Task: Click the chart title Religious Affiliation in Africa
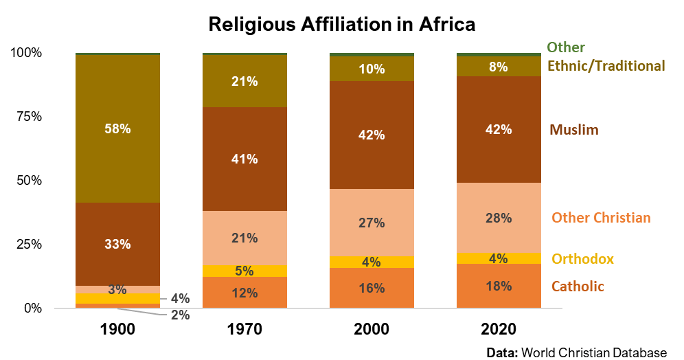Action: click(342, 24)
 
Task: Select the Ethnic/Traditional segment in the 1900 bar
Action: click(117, 128)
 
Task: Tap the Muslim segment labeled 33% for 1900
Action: click(117, 244)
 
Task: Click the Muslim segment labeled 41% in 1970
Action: click(244, 159)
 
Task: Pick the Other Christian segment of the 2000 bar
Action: click(372, 223)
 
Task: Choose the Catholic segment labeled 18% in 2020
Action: click(499, 286)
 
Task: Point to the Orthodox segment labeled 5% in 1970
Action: click(244, 271)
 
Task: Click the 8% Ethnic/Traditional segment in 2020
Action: click(499, 67)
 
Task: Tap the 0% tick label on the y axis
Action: click(33, 308)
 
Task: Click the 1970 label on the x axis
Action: click(244, 328)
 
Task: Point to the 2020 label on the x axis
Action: click(499, 328)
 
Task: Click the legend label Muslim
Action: click(573, 130)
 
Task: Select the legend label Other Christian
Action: click(600, 218)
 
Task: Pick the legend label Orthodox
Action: click(582, 259)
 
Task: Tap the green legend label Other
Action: click(566, 47)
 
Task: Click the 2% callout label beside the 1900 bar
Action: click(179, 315)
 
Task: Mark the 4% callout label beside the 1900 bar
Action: click(179, 299)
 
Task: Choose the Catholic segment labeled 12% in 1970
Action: click(244, 293)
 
